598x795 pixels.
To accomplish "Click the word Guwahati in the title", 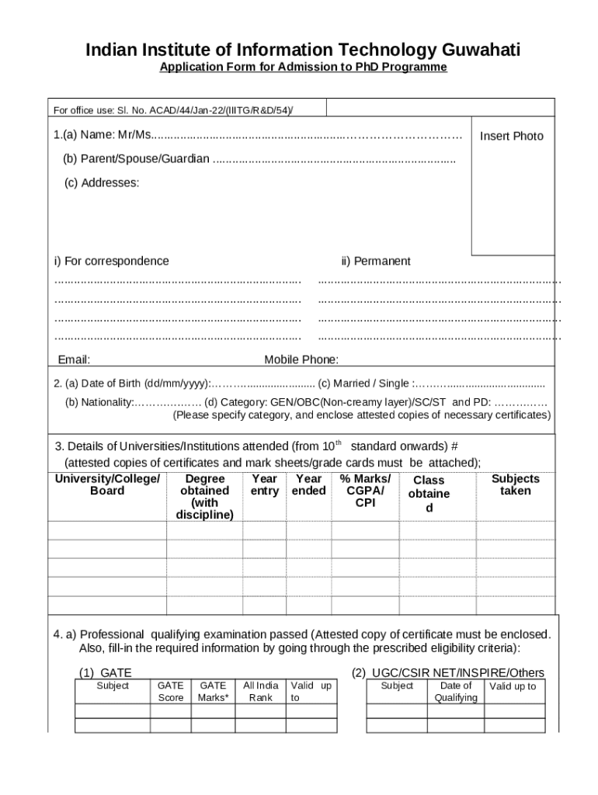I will pyautogui.click(x=481, y=50).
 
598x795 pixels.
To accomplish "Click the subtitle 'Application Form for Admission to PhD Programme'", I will pyautogui.click(x=303, y=68).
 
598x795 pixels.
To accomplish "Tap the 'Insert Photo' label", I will pyautogui.click(x=511, y=137).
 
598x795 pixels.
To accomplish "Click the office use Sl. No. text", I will pyautogui.click(x=172, y=110).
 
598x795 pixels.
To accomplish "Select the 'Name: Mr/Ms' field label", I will pyautogui.click(x=103, y=136).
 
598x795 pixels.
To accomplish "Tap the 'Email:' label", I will pyautogui.click(x=74, y=359).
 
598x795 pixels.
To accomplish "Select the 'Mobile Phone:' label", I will pyautogui.click(x=301, y=359).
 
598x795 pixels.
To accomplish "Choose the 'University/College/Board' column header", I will pyautogui.click(x=107, y=485).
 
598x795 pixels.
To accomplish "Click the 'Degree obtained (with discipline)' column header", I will pyautogui.click(x=204, y=497).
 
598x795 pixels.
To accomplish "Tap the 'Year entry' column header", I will pyautogui.click(x=264, y=485).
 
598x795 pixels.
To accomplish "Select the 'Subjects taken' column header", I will pyautogui.click(x=515, y=485).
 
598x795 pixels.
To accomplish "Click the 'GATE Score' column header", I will pyautogui.click(x=171, y=692).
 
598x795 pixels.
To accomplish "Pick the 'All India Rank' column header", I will pyautogui.click(x=261, y=692).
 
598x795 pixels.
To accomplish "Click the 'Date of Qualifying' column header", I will pyautogui.click(x=456, y=692).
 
